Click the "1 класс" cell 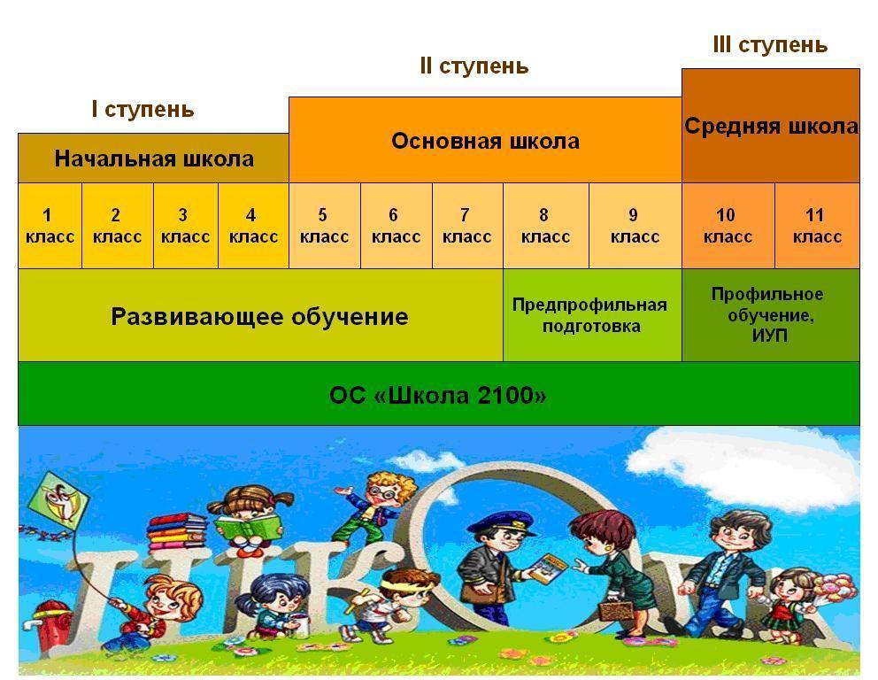[50, 226]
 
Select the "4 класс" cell [254, 226]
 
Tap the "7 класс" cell [467, 226]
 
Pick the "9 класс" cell [635, 226]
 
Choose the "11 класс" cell [818, 226]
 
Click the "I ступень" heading [142, 109]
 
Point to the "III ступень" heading [771, 45]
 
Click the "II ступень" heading [474, 66]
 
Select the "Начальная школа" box [153, 158]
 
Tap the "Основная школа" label [486, 141]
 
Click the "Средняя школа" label [771, 126]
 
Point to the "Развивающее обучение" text [260, 316]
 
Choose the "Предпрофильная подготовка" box [592, 315]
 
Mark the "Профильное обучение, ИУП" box [771, 315]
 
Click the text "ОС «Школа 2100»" [438, 396]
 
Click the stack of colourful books [176, 531]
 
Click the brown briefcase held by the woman [616, 610]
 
